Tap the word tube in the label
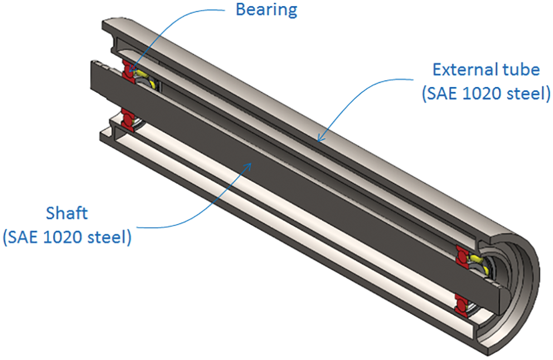(x=522, y=70)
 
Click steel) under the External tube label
(x=526, y=93)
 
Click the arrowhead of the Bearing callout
(x=130, y=72)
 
